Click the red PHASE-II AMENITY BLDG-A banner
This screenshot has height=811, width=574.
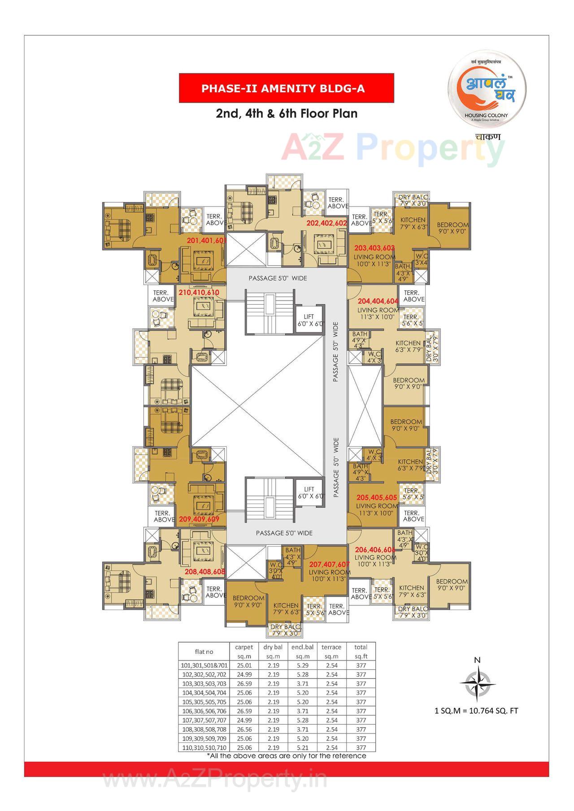286,88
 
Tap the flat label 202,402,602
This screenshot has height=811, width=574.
326,223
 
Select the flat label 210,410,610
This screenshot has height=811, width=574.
199,293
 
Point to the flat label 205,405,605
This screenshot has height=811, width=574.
377,497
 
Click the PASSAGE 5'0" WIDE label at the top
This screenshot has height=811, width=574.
278,278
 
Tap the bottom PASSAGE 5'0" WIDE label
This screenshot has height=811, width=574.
284,533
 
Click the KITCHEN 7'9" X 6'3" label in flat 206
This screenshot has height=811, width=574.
412,591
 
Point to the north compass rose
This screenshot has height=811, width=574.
478,683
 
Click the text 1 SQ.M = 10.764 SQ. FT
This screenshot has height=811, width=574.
477,711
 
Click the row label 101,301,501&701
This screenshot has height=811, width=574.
204,666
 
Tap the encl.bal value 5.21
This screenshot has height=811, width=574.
302,747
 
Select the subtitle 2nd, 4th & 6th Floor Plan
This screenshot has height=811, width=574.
287,113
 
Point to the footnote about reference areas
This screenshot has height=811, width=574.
286,756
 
